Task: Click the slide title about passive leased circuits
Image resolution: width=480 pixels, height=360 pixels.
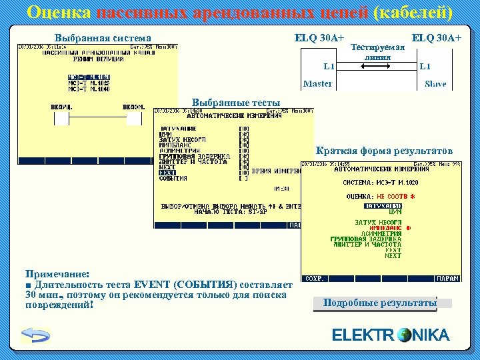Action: pos(240,13)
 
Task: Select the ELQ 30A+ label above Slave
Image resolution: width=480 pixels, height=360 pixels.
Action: pos(437,38)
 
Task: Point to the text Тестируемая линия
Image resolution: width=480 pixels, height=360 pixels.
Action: pos(377,53)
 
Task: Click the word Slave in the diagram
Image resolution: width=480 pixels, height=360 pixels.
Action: pos(435,84)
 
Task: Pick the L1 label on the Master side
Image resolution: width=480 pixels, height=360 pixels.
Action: pos(329,66)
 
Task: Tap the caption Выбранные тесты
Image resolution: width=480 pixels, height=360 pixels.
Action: pos(236,102)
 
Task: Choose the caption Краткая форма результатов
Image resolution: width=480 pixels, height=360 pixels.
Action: pos(384,151)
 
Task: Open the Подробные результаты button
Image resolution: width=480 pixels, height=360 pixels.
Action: pos(379,303)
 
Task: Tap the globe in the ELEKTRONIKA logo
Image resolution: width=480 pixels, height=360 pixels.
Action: pos(404,335)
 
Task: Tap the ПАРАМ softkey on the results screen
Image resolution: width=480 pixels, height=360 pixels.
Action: pos(449,279)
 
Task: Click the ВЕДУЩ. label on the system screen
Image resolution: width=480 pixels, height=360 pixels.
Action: pos(61,107)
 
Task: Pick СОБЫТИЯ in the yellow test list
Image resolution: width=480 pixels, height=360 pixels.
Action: pos(173,179)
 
